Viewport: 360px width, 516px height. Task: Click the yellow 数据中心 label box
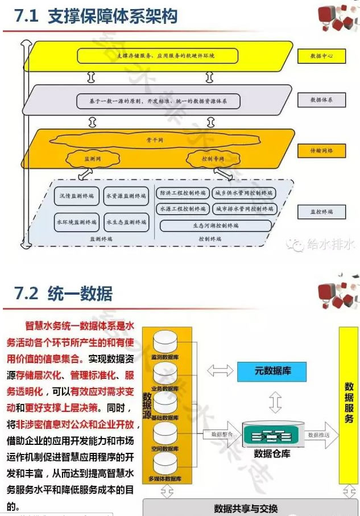click(x=321, y=56)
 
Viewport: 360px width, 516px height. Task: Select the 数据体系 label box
click(x=321, y=100)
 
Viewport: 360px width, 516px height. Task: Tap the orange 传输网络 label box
click(x=321, y=151)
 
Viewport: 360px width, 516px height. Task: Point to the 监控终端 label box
click(x=321, y=212)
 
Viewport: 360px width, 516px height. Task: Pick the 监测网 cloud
click(x=92, y=159)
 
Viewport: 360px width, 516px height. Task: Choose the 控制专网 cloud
click(x=213, y=159)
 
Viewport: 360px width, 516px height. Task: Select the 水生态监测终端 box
click(x=126, y=222)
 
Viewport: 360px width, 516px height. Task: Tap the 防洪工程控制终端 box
click(x=181, y=193)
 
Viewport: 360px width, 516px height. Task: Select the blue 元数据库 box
click(x=272, y=371)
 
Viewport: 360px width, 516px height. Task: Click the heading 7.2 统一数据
click(x=64, y=293)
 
